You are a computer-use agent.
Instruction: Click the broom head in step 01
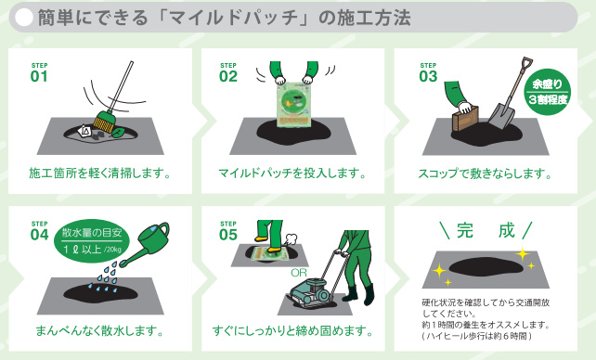coord(104,122)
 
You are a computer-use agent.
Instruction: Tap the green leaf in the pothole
coord(118,133)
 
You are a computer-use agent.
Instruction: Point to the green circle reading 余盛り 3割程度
coord(548,92)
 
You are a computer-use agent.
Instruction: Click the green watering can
coord(146,242)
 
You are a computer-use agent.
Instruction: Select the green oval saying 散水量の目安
coord(92,242)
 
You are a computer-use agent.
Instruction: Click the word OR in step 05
coord(299,273)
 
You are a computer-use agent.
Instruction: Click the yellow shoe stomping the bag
coord(275,250)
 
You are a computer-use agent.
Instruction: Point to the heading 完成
coord(486,230)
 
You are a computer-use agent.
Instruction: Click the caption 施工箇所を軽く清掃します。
coord(100,174)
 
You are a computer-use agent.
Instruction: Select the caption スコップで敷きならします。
coord(486,174)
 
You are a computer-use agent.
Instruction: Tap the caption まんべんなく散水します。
coord(100,330)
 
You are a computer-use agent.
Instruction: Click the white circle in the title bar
coord(25,18)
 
